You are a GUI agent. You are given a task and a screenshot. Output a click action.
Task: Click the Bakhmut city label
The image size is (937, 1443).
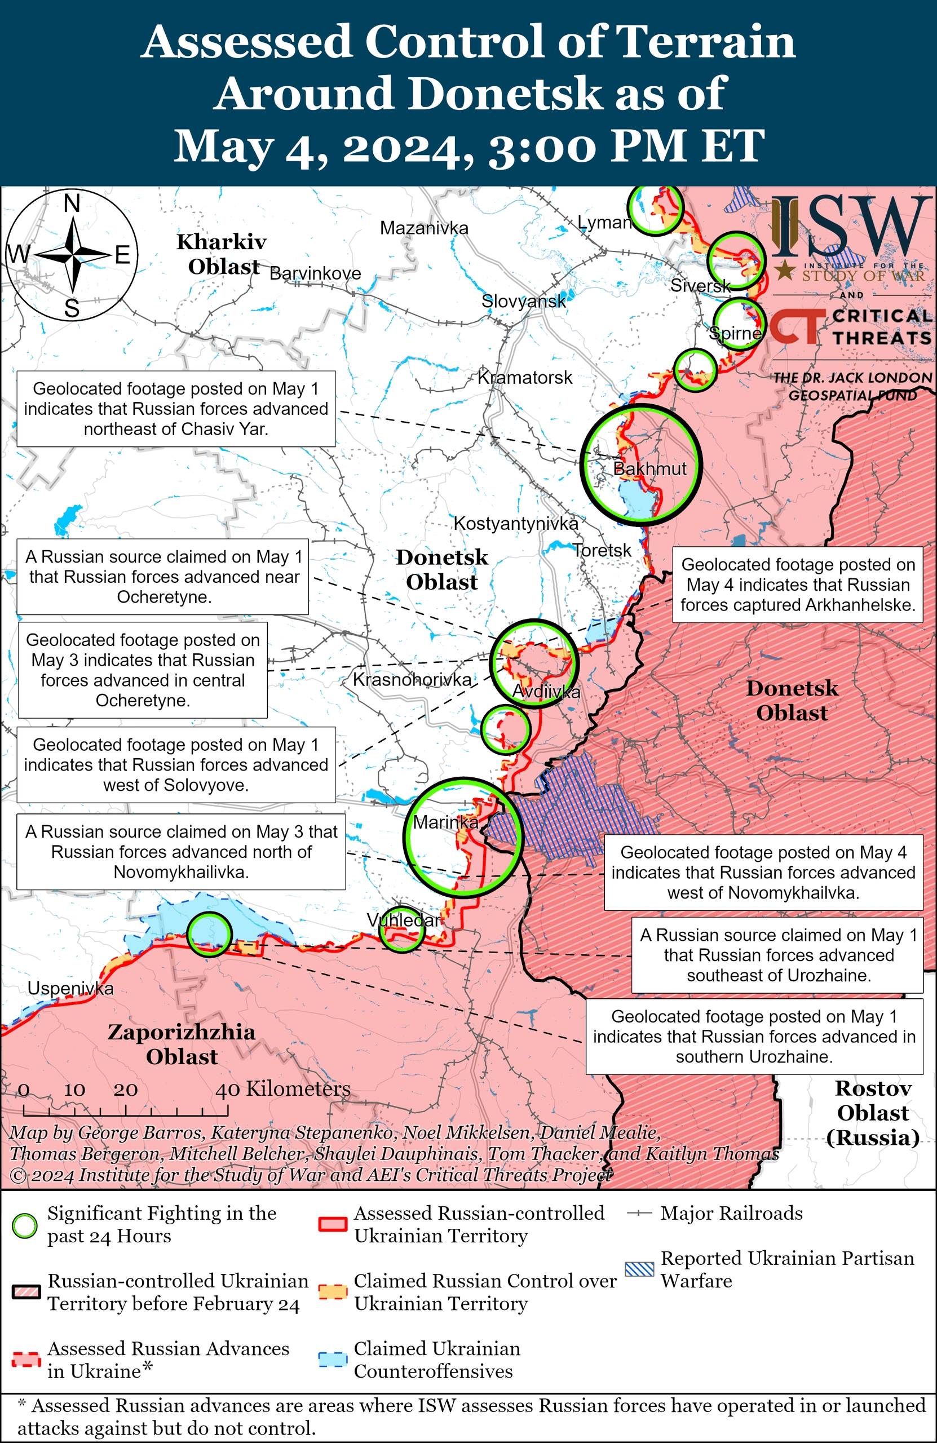point(649,468)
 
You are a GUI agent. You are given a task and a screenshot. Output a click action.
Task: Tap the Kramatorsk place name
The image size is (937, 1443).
point(525,377)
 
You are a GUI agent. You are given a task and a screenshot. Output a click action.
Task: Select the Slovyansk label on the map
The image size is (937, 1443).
point(523,301)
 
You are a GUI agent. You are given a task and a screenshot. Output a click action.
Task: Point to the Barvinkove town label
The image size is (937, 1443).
point(315,273)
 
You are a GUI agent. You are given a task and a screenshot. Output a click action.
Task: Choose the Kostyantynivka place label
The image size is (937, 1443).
point(515,523)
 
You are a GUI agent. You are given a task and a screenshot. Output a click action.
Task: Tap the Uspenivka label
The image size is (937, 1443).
point(70,988)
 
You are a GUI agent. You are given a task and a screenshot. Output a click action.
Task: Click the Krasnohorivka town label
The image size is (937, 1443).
point(412,680)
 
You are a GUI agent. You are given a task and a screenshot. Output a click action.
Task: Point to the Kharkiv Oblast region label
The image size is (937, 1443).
point(222,254)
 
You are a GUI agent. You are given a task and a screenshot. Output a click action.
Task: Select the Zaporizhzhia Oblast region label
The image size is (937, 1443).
point(182,1044)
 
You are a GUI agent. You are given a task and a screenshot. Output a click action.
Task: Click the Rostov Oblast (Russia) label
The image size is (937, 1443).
point(873,1113)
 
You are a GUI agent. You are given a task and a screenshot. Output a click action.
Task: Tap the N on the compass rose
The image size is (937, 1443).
point(72,203)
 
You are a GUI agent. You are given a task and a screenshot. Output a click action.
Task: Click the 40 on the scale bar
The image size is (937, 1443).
point(227,1090)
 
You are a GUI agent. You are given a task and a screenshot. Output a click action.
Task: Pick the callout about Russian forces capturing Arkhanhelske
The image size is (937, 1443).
point(797,585)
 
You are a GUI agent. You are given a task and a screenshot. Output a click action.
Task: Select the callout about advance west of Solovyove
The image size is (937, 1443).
point(176,764)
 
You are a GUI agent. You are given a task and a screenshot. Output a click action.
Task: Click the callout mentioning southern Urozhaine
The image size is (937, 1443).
point(754,1036)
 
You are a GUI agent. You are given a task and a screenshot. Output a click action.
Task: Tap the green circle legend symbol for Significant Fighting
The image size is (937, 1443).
point(25,1225)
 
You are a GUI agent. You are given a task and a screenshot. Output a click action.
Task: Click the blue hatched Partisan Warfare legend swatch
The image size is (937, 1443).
point(639,1269)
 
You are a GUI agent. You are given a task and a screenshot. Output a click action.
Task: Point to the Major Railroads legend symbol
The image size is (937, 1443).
point(639,1213)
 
